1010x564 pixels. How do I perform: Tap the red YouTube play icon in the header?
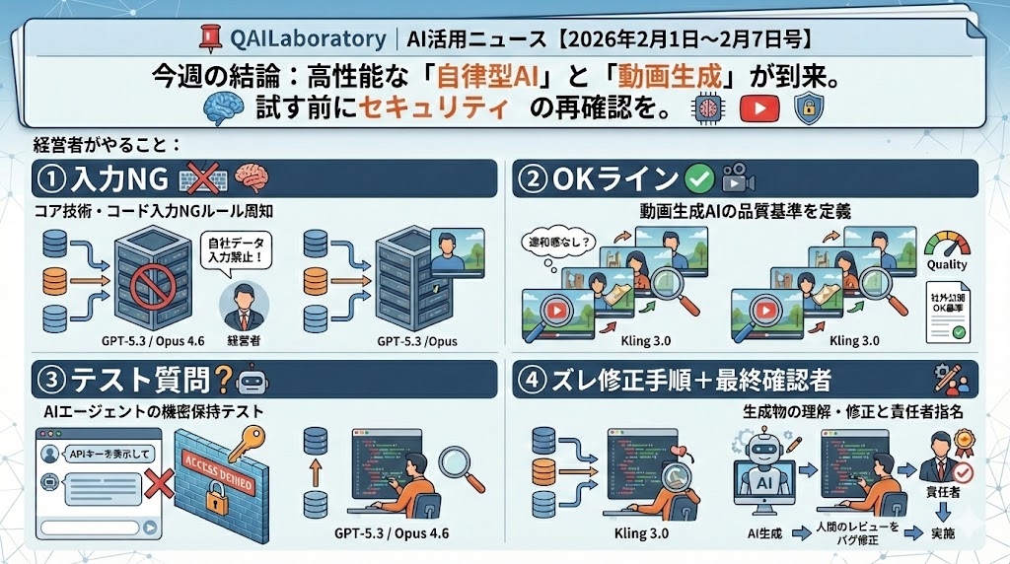coord(758,106)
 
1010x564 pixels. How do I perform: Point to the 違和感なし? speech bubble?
coord(557,239)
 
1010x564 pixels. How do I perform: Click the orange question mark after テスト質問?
coord(222,379)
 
